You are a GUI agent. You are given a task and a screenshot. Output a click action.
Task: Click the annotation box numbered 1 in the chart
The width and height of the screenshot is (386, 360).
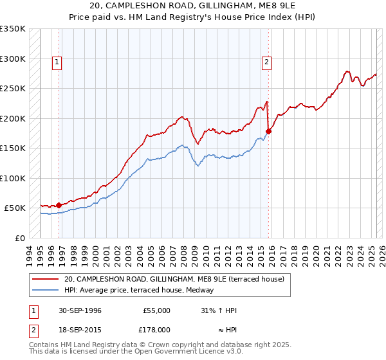click(57, 62)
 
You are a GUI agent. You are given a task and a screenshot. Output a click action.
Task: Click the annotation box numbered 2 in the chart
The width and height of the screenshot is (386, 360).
click(266, 62)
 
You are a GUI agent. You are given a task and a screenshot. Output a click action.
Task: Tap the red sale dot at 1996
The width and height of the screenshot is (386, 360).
click(59, 205)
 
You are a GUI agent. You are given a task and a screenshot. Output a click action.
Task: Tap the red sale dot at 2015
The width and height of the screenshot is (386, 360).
click(268, 132)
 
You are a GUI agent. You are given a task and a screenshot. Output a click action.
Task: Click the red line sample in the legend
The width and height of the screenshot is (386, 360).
click(46, 279)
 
